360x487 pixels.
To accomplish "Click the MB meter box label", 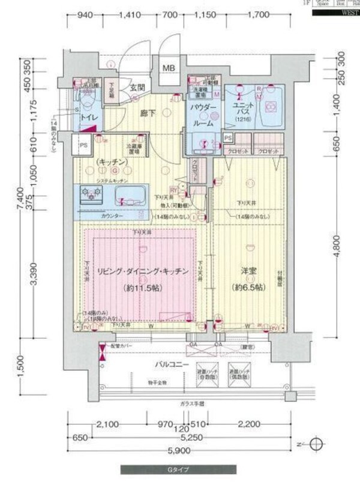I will (169, 67).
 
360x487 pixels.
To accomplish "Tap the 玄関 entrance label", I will (137, 88).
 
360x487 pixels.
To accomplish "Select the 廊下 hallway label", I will (148, 112).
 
